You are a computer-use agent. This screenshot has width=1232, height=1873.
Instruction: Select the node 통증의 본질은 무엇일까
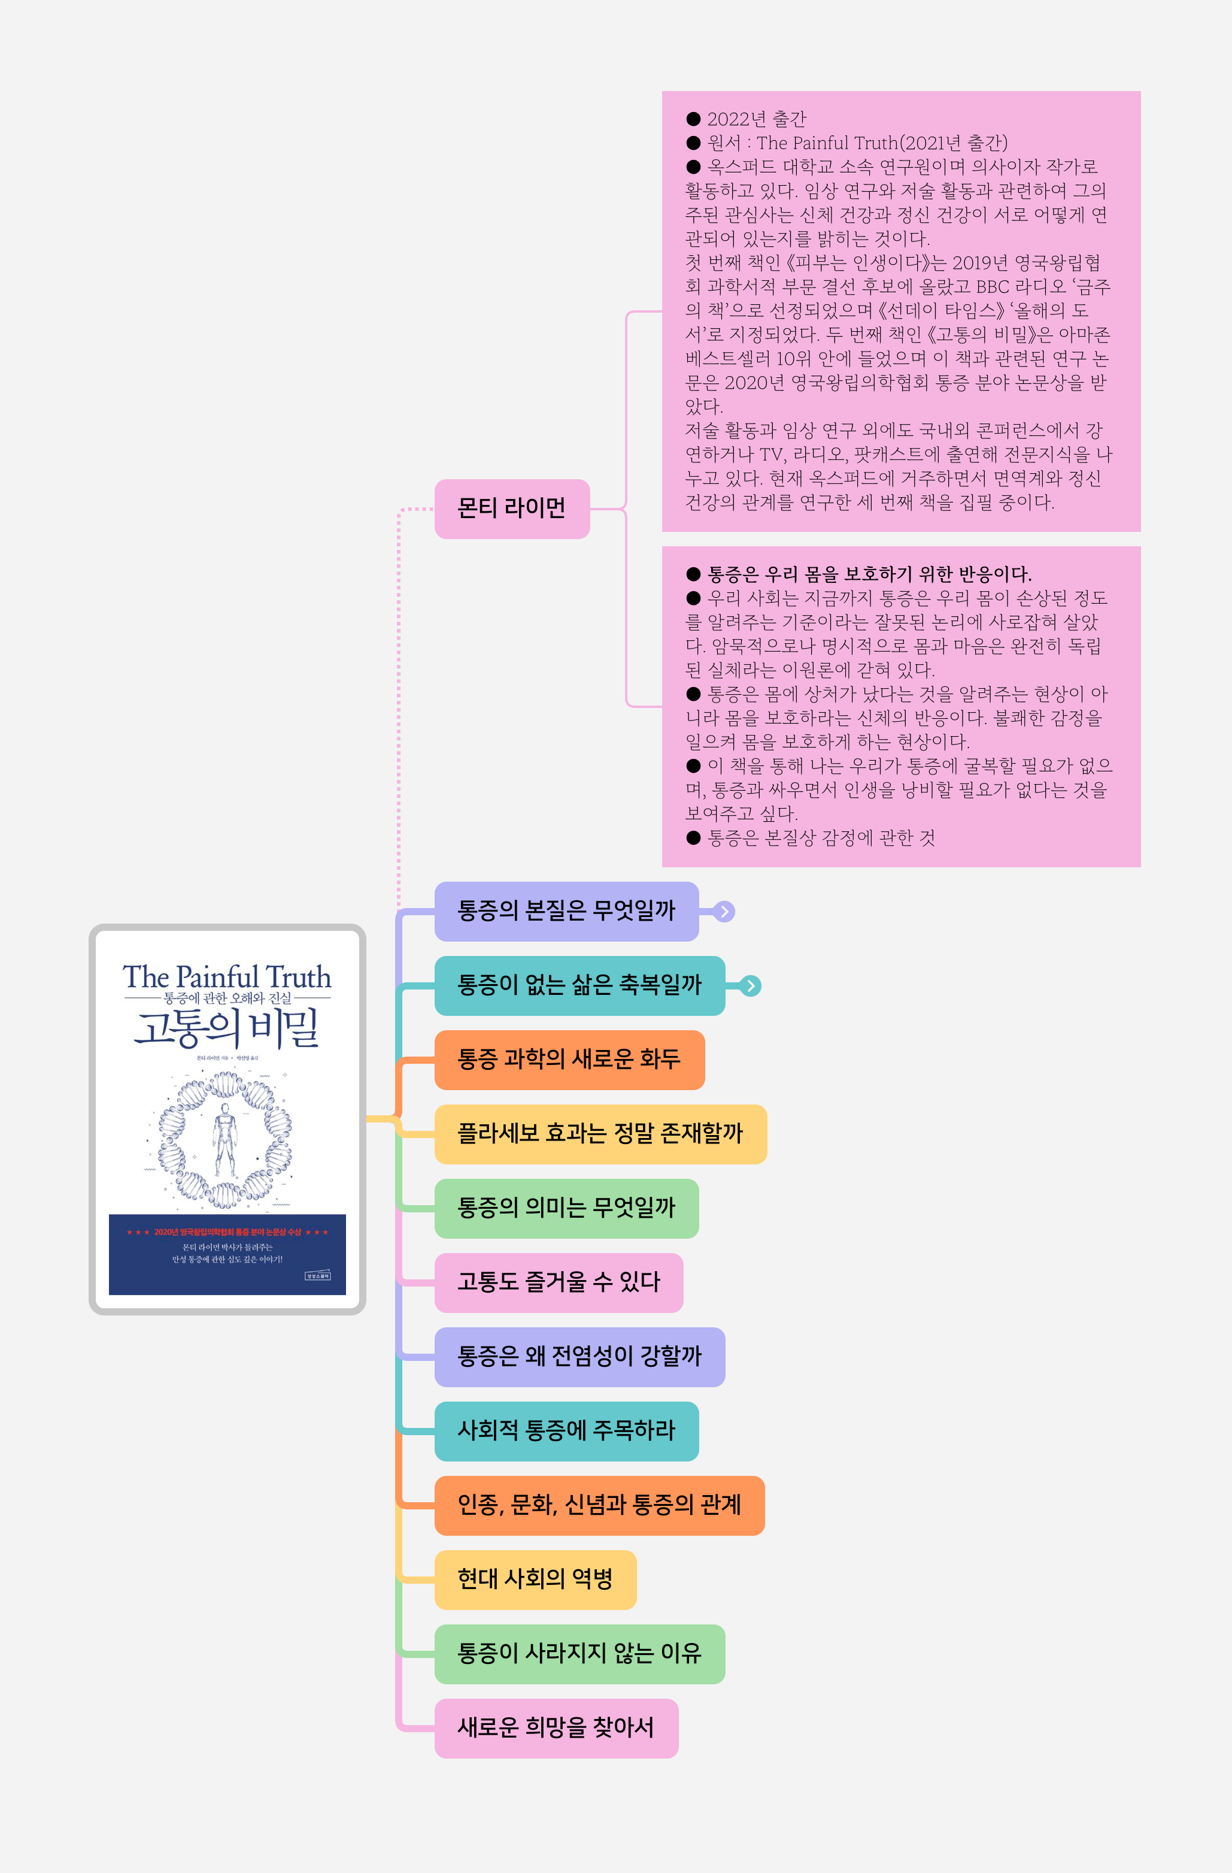click(x=566, y=911)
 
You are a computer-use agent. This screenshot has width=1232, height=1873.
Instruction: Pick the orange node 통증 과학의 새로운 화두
click(x=569, y=1059)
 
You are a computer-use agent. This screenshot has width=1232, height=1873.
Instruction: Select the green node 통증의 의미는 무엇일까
click(x=566, y=1208)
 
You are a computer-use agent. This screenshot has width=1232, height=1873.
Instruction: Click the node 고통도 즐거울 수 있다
click(x=558, y=1282)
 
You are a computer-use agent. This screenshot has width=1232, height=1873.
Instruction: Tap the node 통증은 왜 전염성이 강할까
click(x=579, y=1357)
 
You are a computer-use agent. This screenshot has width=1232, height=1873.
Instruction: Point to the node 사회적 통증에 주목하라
click(x=566, y=1431)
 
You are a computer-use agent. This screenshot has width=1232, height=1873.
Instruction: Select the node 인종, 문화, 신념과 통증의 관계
click(x=599, y=1505)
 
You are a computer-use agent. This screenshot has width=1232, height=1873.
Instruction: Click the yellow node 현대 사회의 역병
click(x=535, y=1580)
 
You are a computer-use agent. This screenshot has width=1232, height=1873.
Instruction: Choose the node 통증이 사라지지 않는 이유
click(x=579, y=1653)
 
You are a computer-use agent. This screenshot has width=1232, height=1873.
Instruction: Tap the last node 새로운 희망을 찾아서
click(x=556, y=1728)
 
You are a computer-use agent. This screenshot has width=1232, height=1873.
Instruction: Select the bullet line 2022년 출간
click(x=755, y=119)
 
